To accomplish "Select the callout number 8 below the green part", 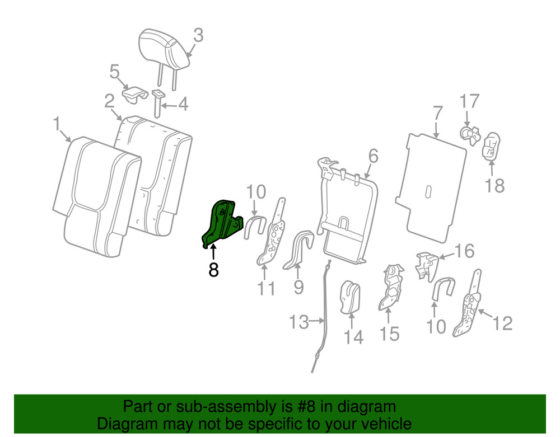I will (213, 270).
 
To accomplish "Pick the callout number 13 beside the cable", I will (299, 322).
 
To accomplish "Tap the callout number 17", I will (470, 102).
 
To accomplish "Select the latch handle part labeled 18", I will (491, 147).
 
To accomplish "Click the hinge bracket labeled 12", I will (469, 308).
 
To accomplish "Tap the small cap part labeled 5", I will (133, 92).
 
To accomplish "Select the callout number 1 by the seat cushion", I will (57, 124).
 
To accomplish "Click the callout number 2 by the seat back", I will (109, 101).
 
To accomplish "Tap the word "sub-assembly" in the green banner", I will (221, 407).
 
